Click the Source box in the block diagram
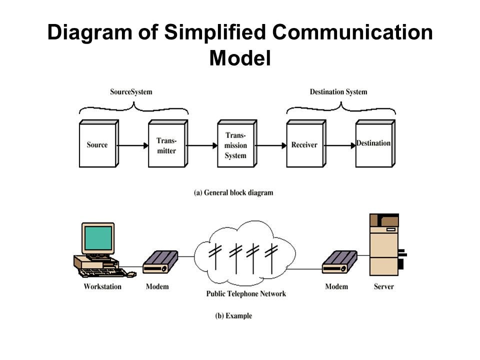(x=97, y=145)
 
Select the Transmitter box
(x=166, y=145)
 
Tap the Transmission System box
(x=235, y=145)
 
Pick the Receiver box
(x=304, y=145)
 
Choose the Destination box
(x=373, y=144)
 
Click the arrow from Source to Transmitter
(x=133, y=145)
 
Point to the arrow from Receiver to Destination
(x=340, y=145)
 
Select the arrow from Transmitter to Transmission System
(x=202, y=145)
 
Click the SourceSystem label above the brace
(x=131, y=92)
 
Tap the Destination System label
(x=338, y=92)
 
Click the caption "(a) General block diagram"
(x=233, y=192)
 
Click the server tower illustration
(x=384, y=245)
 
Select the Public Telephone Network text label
(x=246, y=293)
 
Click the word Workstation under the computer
(x=102, y=286)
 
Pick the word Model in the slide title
(x=239, y=58)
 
